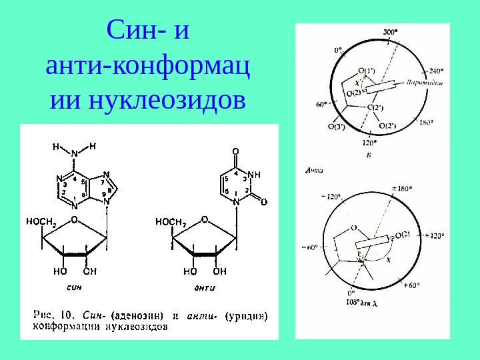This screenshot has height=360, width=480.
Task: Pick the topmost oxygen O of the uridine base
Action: coord(236,151)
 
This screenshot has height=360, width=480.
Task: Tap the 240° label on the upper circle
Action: coord(436,70)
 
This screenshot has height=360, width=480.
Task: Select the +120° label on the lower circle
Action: coord(433,235)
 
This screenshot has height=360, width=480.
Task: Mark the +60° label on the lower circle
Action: coord(412,285)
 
